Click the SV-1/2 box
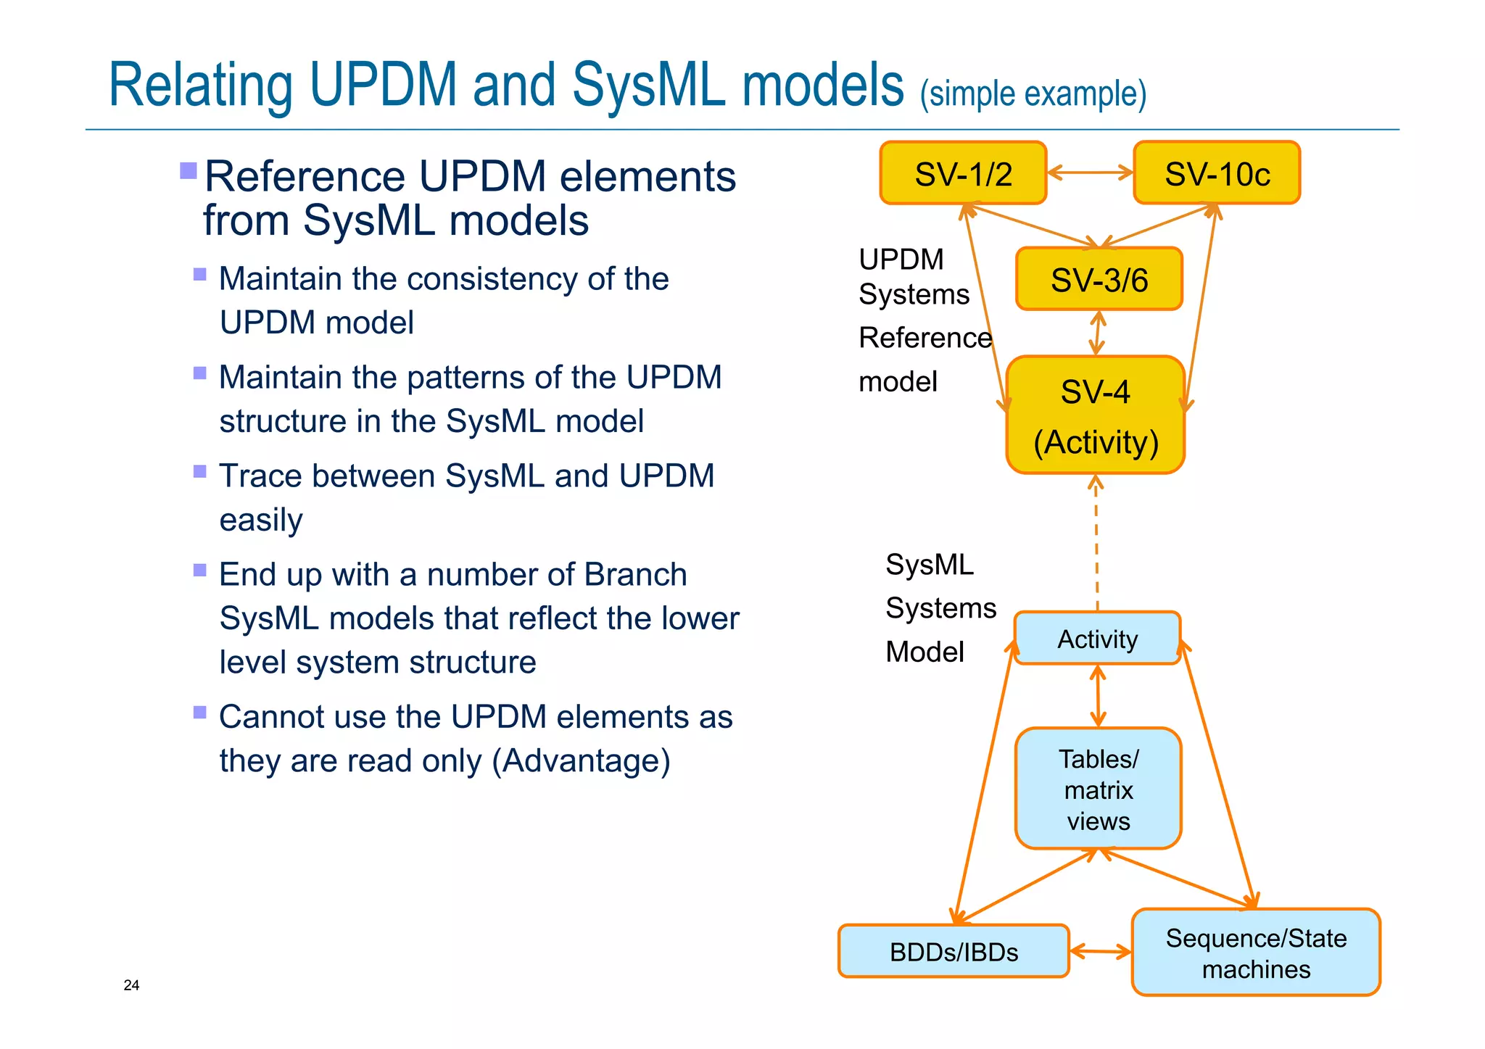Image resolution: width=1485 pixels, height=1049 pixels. (963, 173)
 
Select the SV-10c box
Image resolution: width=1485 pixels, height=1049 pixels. (1217, 173)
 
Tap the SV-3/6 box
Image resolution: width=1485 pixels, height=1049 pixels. (1099, 279)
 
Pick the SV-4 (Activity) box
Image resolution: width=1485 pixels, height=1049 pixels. (1096, 415)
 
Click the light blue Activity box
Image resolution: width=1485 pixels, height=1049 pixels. (1097, 639)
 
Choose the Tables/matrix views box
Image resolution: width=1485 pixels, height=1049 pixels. (1099, 789)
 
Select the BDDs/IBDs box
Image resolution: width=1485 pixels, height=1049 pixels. (954, 951)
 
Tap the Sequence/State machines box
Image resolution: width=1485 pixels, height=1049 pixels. (1256, 953)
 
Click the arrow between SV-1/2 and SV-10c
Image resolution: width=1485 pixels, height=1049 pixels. (1090, 173)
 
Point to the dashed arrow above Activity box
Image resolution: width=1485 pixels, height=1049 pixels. (1096, 544)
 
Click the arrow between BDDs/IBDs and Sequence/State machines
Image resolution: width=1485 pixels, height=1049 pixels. (1101, 951)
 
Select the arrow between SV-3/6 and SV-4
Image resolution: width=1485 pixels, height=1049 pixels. (1098, 333)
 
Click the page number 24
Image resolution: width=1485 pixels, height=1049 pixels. (131, 985)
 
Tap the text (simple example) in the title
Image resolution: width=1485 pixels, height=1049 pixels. (1033, 94)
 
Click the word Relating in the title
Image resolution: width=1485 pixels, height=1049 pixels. (200, 86)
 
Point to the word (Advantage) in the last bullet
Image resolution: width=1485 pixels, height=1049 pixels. (581, 761)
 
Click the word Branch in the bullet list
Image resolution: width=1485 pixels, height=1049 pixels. (635, 575)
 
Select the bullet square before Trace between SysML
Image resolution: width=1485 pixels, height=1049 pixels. (200, 472)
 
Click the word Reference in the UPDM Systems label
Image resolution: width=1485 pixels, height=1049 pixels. (924, 338)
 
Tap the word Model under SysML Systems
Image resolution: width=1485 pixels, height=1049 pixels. (924, 652)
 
